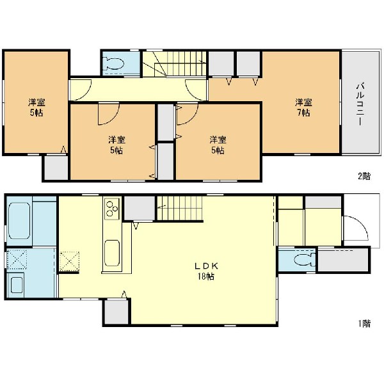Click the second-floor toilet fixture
coord(114,63)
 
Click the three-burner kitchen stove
coord(112,209)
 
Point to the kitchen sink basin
coord(112,253)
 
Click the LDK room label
coord(206,266)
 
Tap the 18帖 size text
coord(206,276)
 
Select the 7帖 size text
coord(303,113)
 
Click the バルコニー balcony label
coord(360,104)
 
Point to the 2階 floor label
coord(364,176)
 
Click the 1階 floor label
coord(365,324)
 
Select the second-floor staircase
coord(175,63)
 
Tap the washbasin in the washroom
coord(17,285)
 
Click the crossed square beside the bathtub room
coord(17,259)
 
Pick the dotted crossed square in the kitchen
coord(70,261)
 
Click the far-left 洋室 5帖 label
coord(36,108)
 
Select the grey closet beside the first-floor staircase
coord(140,208)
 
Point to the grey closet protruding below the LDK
coord(116,312)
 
